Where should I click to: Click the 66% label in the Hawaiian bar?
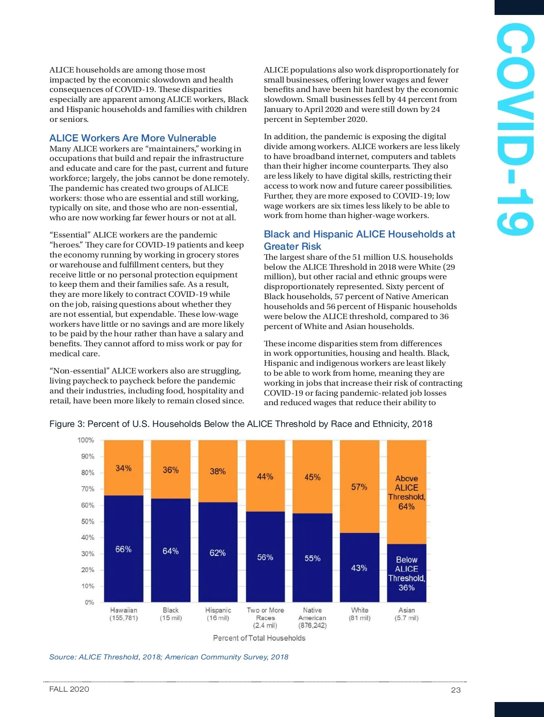[x=123, y=549]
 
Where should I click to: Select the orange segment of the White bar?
[x=359, y=508]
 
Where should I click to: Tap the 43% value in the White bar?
[x=359, y=568]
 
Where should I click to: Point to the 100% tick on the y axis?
[x=86, y=440]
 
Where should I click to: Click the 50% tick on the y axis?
[x=87, y=521]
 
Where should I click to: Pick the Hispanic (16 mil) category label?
[x=218, y=614]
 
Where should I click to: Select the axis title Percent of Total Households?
[x=259, y=638]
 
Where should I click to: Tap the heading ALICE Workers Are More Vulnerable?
[x=133, y=138]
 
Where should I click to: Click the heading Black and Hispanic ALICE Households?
[x=359, y=240]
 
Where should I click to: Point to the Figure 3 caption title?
[x=241, y=424]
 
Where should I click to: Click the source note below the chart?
[x=169, y=657]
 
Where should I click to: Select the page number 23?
[x=456, y=690]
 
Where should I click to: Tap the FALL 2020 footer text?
[x=69, y=689]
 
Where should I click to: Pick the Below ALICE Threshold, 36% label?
[x=407, y=574]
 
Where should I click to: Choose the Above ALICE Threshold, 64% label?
[x=407, y=492]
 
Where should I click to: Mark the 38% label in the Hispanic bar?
[x=218, y=471]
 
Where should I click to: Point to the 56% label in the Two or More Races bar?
[x=265, y=557]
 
